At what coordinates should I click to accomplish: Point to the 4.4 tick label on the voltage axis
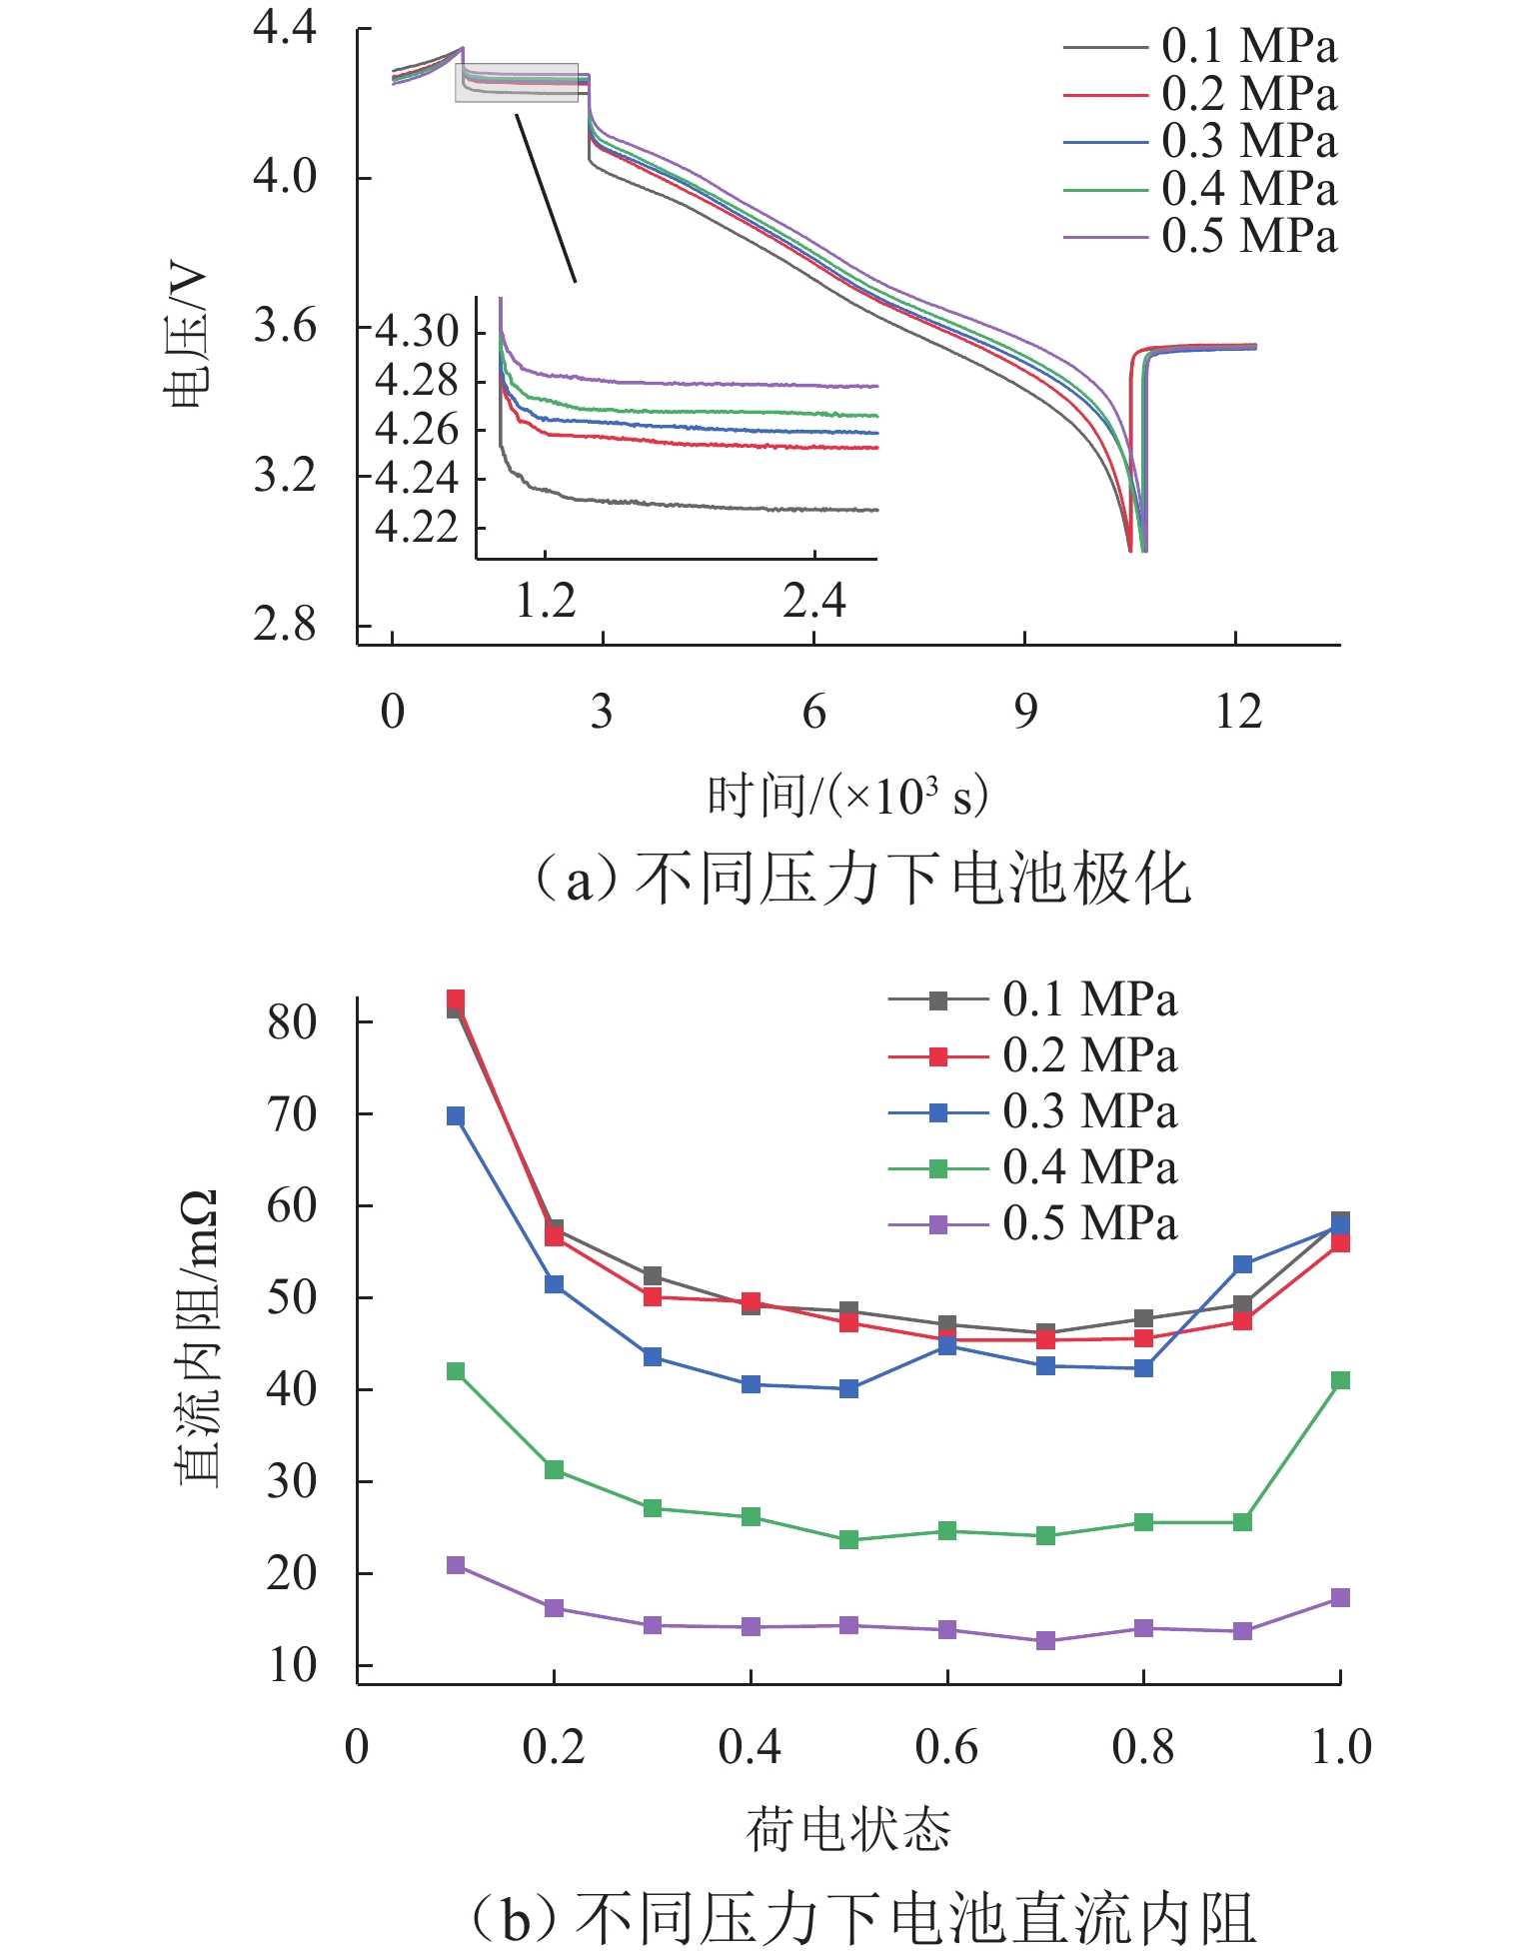(285, 27)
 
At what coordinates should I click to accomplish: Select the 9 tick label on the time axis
(1025, 713)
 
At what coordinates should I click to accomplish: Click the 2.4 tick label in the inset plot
(813, 602)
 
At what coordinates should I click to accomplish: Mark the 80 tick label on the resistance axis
(292, 1021)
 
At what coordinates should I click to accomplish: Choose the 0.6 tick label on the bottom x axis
(946, 1747)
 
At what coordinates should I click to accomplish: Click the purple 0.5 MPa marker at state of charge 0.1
(456, 1565)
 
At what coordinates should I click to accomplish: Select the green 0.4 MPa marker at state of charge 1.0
(1340, 1380)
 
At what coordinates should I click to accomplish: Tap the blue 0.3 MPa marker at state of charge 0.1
(456, 1115)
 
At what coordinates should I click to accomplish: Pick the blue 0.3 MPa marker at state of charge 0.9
(1242, 1264)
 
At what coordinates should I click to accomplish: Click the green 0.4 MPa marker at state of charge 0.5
(848, 1540)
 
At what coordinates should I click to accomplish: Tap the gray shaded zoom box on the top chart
(517, 82)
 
